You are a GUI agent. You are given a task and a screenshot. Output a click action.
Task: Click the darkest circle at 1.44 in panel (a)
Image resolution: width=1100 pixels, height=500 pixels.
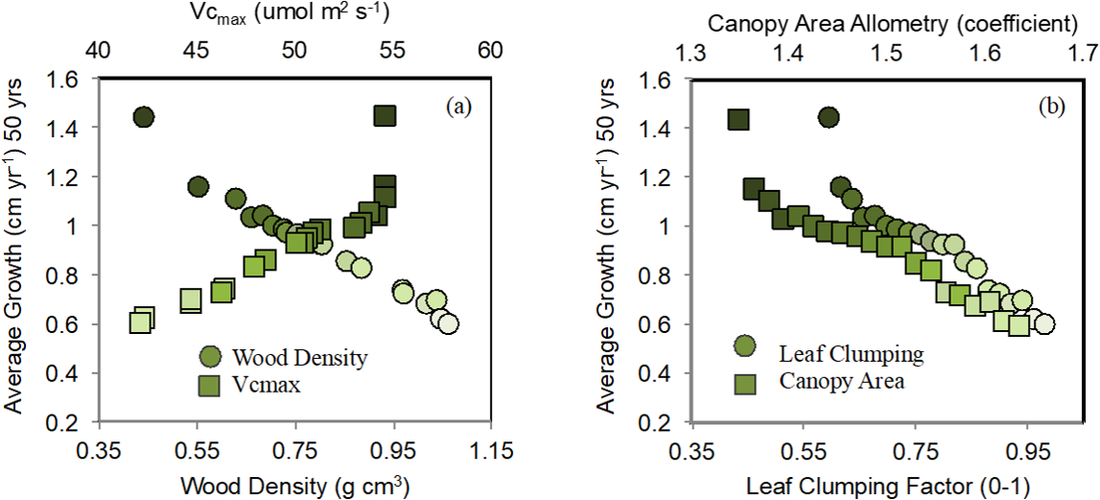point(144,117)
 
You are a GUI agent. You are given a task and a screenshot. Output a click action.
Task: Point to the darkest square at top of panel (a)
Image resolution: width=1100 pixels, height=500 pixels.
point(385,117)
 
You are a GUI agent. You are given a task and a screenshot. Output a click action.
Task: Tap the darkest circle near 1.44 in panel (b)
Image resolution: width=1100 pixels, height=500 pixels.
point(828,117)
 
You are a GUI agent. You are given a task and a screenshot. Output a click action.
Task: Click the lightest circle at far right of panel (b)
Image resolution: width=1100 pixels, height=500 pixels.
point(1043,324)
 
